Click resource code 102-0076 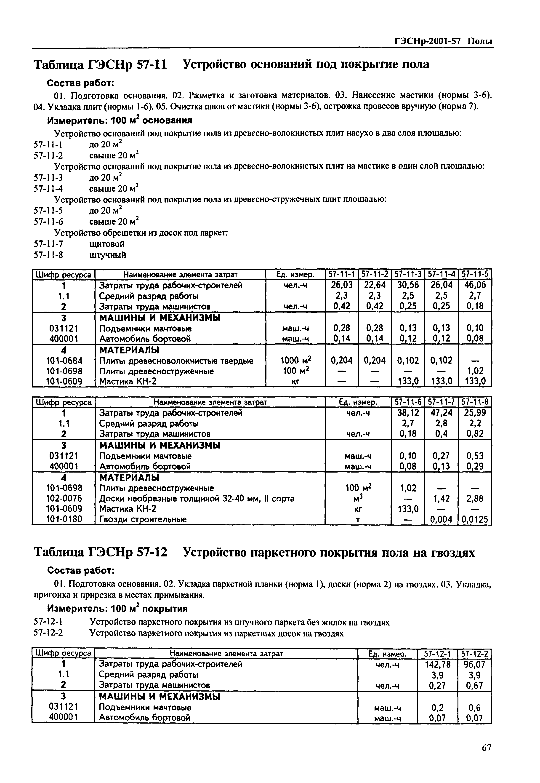(x=64, y=498)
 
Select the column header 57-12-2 (x=474, y=653)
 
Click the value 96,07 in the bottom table (x=474, y=664)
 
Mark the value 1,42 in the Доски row (x=441, y=498)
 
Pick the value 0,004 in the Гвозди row (x=441, y=519)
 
